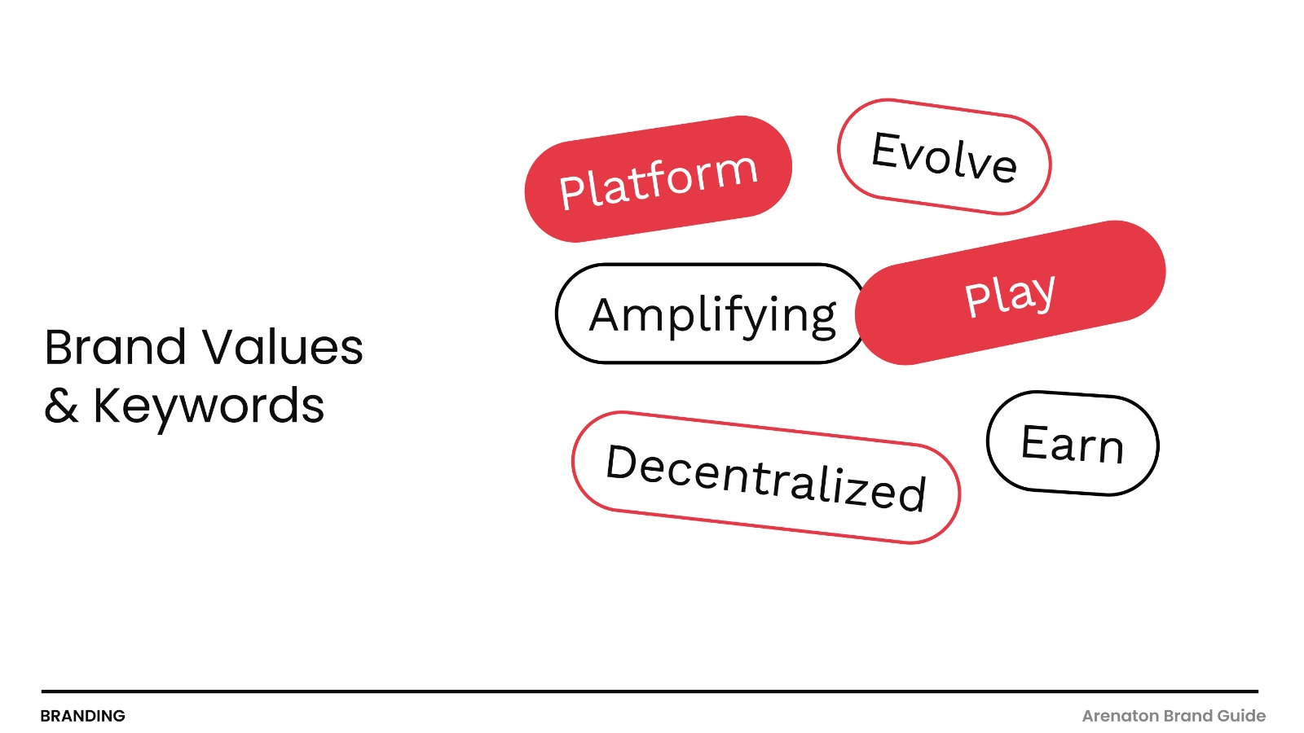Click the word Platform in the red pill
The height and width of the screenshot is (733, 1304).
pos(659,180)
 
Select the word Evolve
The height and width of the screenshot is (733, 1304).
pos(944,156)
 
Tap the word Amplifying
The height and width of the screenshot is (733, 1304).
pos(712,315)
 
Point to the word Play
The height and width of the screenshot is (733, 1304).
pos(1010,294)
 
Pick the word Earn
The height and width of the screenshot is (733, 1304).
pos(1072,444)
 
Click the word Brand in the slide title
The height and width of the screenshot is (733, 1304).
pos(115,348)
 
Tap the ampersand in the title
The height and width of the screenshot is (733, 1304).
pos(61,406)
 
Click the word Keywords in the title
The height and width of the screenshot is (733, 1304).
pos(209,406)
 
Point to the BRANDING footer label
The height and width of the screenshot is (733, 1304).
pos(82,716)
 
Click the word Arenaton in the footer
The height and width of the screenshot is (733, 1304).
pos(1120,716)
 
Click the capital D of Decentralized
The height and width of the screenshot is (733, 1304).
pos(623,463)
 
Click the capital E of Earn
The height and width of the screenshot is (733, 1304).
pos(1036,441)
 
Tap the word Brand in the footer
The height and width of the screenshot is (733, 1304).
pos(1187,716)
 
